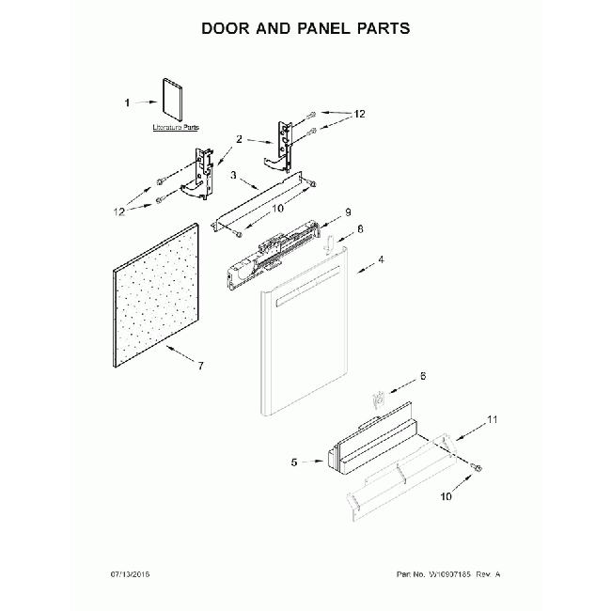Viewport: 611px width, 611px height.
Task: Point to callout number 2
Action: [239, 139]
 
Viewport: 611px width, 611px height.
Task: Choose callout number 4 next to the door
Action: [380, 258]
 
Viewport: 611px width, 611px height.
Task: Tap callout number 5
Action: [294, 462]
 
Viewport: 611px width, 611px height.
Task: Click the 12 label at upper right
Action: [358, 115]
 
